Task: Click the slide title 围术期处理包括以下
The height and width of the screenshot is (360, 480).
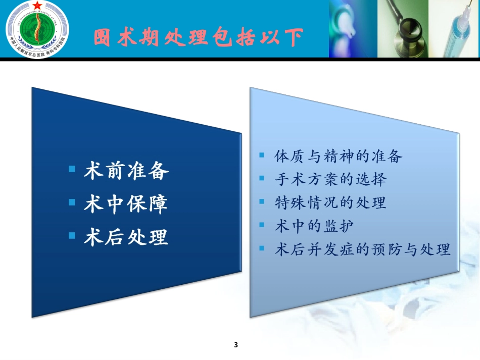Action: (x=199, y=37)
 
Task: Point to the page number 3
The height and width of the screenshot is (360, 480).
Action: (x=236, y=345)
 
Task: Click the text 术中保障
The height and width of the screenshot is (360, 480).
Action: (x=126, y=204)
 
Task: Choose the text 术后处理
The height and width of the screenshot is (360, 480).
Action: (x=126, y=237)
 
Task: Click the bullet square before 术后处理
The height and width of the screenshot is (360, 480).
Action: (x=72, y=235)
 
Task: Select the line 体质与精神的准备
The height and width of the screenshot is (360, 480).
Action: (x=338, y=157)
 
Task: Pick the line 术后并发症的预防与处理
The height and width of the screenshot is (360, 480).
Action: (x=362, y=249)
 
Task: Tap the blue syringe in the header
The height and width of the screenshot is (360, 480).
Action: (x=457, y=30)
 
